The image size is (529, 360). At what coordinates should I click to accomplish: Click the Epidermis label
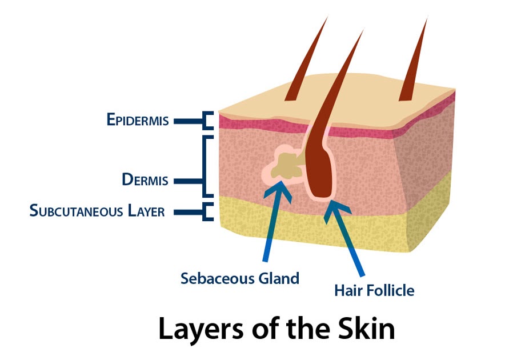point(137,120)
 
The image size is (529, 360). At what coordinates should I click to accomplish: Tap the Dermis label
point(145,179)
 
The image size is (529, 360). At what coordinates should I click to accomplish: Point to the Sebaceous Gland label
point(239,279)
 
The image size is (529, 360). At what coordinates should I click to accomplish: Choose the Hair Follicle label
point(374,291)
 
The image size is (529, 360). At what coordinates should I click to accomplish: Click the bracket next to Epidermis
point(207,121)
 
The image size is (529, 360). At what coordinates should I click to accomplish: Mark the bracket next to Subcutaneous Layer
point(207,211)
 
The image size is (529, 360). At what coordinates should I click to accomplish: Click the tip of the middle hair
point(362,31)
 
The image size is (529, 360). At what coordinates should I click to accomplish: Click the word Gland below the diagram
point(277,279)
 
